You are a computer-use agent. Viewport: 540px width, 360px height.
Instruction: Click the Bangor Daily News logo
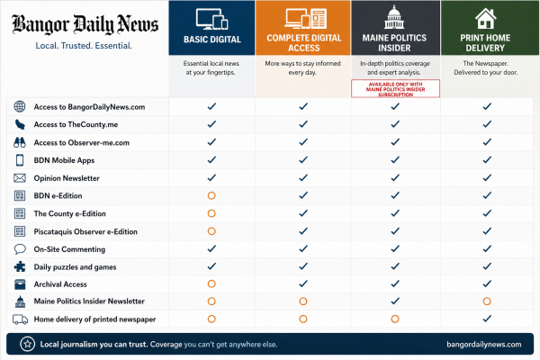[x=85, y=24]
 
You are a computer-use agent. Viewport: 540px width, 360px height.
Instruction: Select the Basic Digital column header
[x=211, y=28]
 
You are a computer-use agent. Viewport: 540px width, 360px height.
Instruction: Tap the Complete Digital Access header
[x=303, y=28]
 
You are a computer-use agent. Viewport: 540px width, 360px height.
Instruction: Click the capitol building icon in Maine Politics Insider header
[x=394, y=17]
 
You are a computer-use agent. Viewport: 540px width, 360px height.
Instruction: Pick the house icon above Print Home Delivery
[x=485, y=18]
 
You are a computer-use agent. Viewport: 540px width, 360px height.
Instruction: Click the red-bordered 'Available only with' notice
[x=395, y=89]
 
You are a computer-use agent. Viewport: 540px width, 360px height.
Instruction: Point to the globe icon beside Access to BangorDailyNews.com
[x=20, y=106]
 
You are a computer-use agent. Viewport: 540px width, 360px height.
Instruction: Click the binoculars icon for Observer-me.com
[x=20, y=142]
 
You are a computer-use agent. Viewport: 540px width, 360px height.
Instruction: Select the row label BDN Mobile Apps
[x=64, y=160]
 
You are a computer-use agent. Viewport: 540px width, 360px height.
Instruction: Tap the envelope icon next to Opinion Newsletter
[x=20, y=178]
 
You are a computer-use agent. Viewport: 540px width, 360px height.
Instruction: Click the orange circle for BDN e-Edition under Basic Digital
[x=211, y=195]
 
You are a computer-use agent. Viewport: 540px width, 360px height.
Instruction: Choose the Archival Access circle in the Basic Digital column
[x=211, y=283]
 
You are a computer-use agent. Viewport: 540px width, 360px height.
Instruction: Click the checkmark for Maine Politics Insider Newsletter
[x=395, y=301]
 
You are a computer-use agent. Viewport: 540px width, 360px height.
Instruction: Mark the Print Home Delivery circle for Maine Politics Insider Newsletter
[x=487, y=301]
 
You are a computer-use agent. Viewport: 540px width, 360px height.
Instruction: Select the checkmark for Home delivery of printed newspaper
[x=487, y=319]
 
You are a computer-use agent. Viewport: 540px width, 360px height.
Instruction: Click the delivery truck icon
[x=20, y=319]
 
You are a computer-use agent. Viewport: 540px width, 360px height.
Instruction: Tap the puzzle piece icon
[x=20, y=266]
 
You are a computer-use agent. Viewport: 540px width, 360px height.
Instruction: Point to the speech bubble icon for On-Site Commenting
[x=20, y=248]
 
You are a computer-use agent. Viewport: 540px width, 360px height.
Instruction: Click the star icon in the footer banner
[x=28, y=344]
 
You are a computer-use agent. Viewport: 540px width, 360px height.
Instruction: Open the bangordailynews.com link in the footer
[x=484, y=344]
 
